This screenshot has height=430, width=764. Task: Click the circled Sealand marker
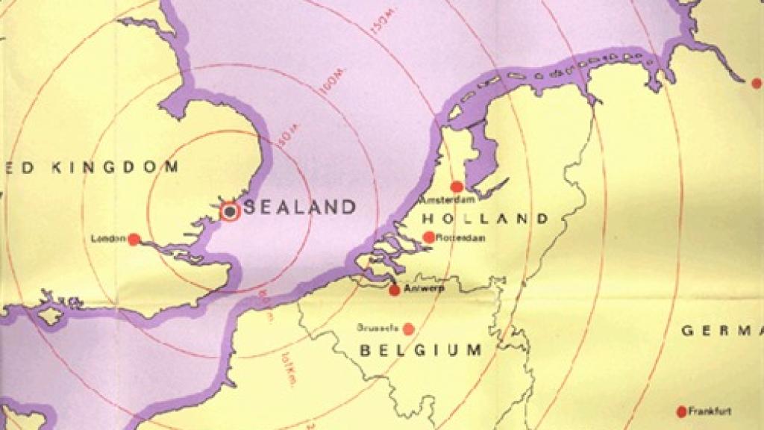coord(231,211)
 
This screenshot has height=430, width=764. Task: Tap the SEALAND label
coord(300,207)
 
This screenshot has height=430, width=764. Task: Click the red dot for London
coord(134,239)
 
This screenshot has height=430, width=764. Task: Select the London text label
coord(107,239)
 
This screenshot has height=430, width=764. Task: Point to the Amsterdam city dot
coord(457,187)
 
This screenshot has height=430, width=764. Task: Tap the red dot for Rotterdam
coord(429,237)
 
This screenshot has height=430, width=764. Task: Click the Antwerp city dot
coord(395,290)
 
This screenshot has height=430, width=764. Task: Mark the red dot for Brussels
coord(408,328)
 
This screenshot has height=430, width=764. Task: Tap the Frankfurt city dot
coord(681,411)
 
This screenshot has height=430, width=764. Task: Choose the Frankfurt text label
coord(710,411)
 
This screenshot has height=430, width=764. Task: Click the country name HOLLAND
coord(485,219)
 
